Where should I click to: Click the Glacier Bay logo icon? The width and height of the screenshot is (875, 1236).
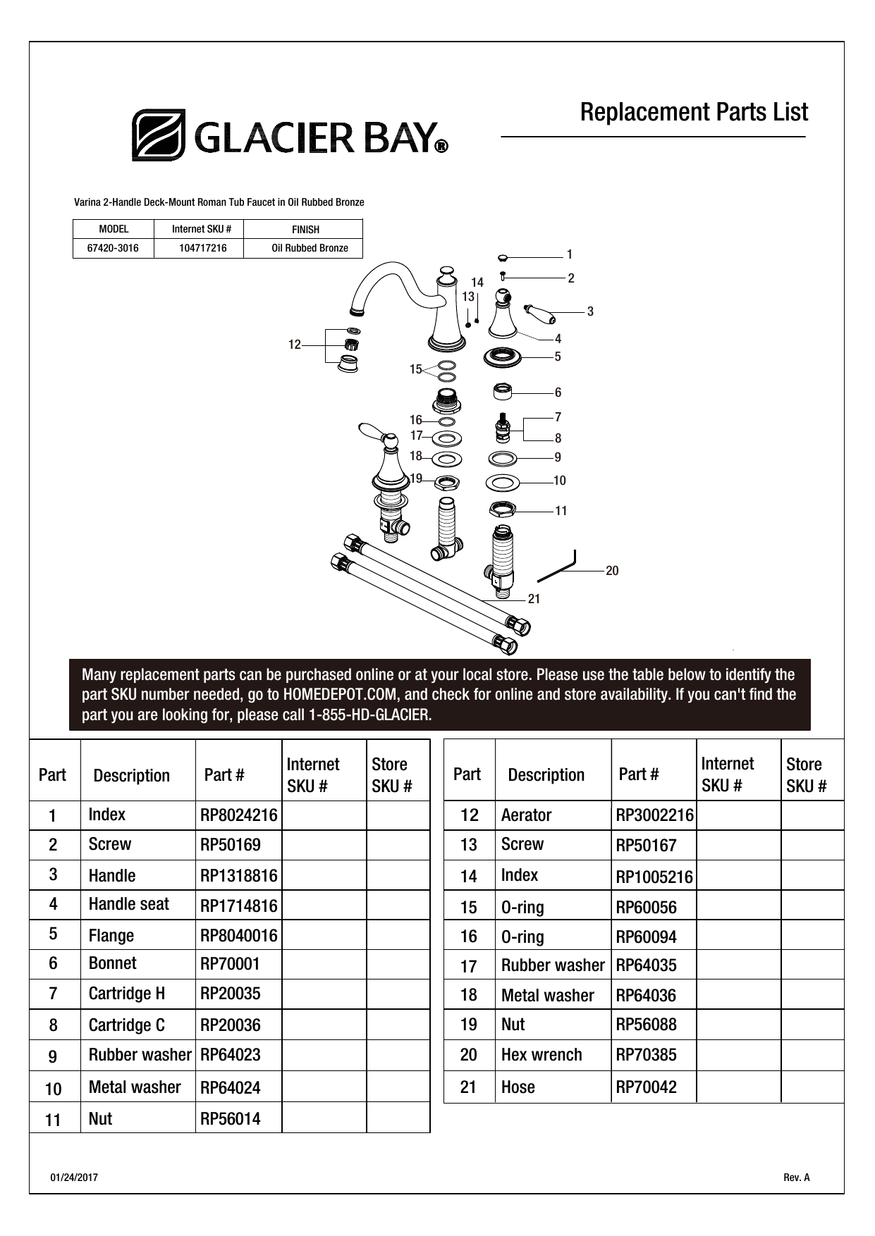pos(159,135)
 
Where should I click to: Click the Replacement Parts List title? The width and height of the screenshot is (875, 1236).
pos(694,112)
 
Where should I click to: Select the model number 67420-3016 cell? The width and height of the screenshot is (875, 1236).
pos(113,248)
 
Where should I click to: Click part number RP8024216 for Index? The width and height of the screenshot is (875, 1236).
pos(239,815)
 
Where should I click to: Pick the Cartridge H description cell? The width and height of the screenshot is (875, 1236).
pos(127,994)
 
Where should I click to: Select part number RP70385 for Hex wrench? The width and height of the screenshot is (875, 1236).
pos(647,1055)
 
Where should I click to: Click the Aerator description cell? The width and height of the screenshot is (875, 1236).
pos(527,815)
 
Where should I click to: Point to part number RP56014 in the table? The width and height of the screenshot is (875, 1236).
pos(231,1119)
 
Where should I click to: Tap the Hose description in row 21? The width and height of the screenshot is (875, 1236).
pos(518,1087)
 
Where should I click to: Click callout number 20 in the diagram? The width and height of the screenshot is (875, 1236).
pos(612,571)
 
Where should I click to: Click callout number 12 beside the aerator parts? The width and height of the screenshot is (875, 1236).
pos(294,345)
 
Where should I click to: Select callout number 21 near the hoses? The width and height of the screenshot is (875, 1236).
pos(534,598)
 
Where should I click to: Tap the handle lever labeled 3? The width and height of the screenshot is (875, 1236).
pos(539,310)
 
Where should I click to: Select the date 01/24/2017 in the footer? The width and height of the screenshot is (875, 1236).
pos(74,1178)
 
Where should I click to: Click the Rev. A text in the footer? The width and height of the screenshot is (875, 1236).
pos(797,1178)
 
